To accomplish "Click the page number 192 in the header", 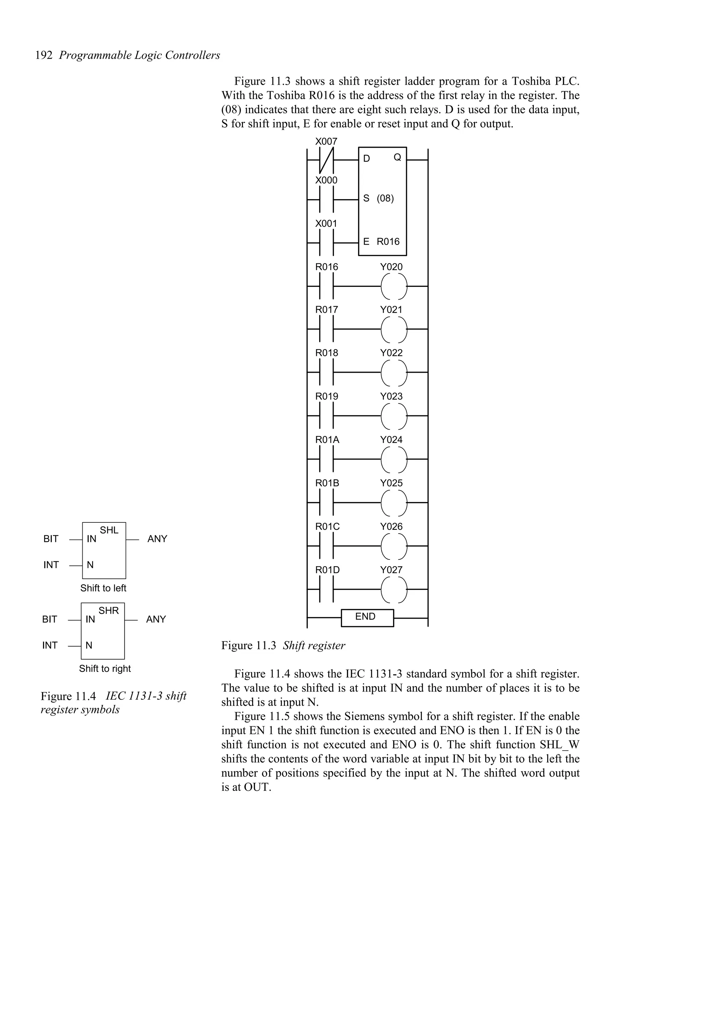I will tap(44, 56).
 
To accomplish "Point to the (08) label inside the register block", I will tap(385, 198).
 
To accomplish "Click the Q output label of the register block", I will tap(397, 157).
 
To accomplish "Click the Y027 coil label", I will tap(391, 570).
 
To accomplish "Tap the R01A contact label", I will tap(327, 440).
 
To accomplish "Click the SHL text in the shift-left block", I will tap(109, 530).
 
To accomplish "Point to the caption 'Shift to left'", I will tap(103, 588).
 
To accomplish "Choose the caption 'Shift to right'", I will tap(105, 669).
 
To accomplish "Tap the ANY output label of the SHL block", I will tap(157, 539).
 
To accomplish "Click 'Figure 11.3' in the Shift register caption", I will tap(249, 646).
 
